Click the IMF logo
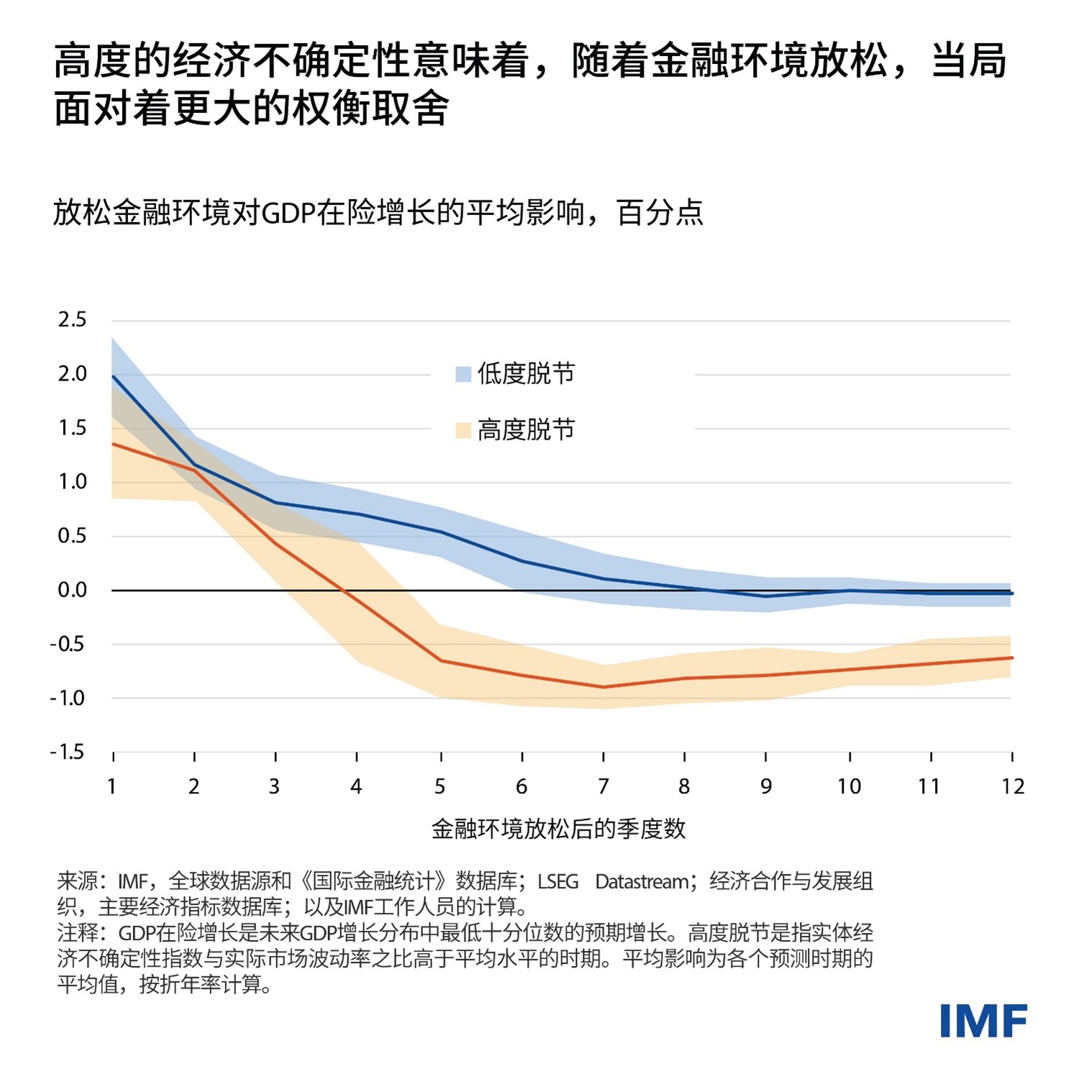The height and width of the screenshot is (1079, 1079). click(983, 1021)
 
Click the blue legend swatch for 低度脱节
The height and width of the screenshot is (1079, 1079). click(463, 374)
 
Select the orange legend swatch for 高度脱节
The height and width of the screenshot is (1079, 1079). click(463, 430)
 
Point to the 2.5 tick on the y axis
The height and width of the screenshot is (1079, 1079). click(72, 320)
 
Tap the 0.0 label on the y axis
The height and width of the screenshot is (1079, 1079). click(72, 591)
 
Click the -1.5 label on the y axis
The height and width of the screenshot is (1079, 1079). click(68, 752)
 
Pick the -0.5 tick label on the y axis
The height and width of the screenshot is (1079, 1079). click(68, 645)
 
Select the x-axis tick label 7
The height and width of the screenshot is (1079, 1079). click(603, 787)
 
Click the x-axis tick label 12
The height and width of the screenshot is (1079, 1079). click(1012, 787)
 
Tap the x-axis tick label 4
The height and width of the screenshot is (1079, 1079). click(356, 787)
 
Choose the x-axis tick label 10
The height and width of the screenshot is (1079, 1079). click(849, 787)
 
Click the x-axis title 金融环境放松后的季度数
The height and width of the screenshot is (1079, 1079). click(558, 829)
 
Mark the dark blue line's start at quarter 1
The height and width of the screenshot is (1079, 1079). click(114, 376)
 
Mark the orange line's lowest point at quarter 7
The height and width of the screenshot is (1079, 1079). click(603, 687)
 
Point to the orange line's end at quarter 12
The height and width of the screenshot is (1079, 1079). click(1011, 658)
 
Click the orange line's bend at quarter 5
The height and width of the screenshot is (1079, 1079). click(440, 660)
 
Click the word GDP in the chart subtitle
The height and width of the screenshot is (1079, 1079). click(288, 214)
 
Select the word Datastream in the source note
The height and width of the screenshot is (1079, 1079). click(641, 882)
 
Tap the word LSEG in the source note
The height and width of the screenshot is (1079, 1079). click(557, 882)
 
